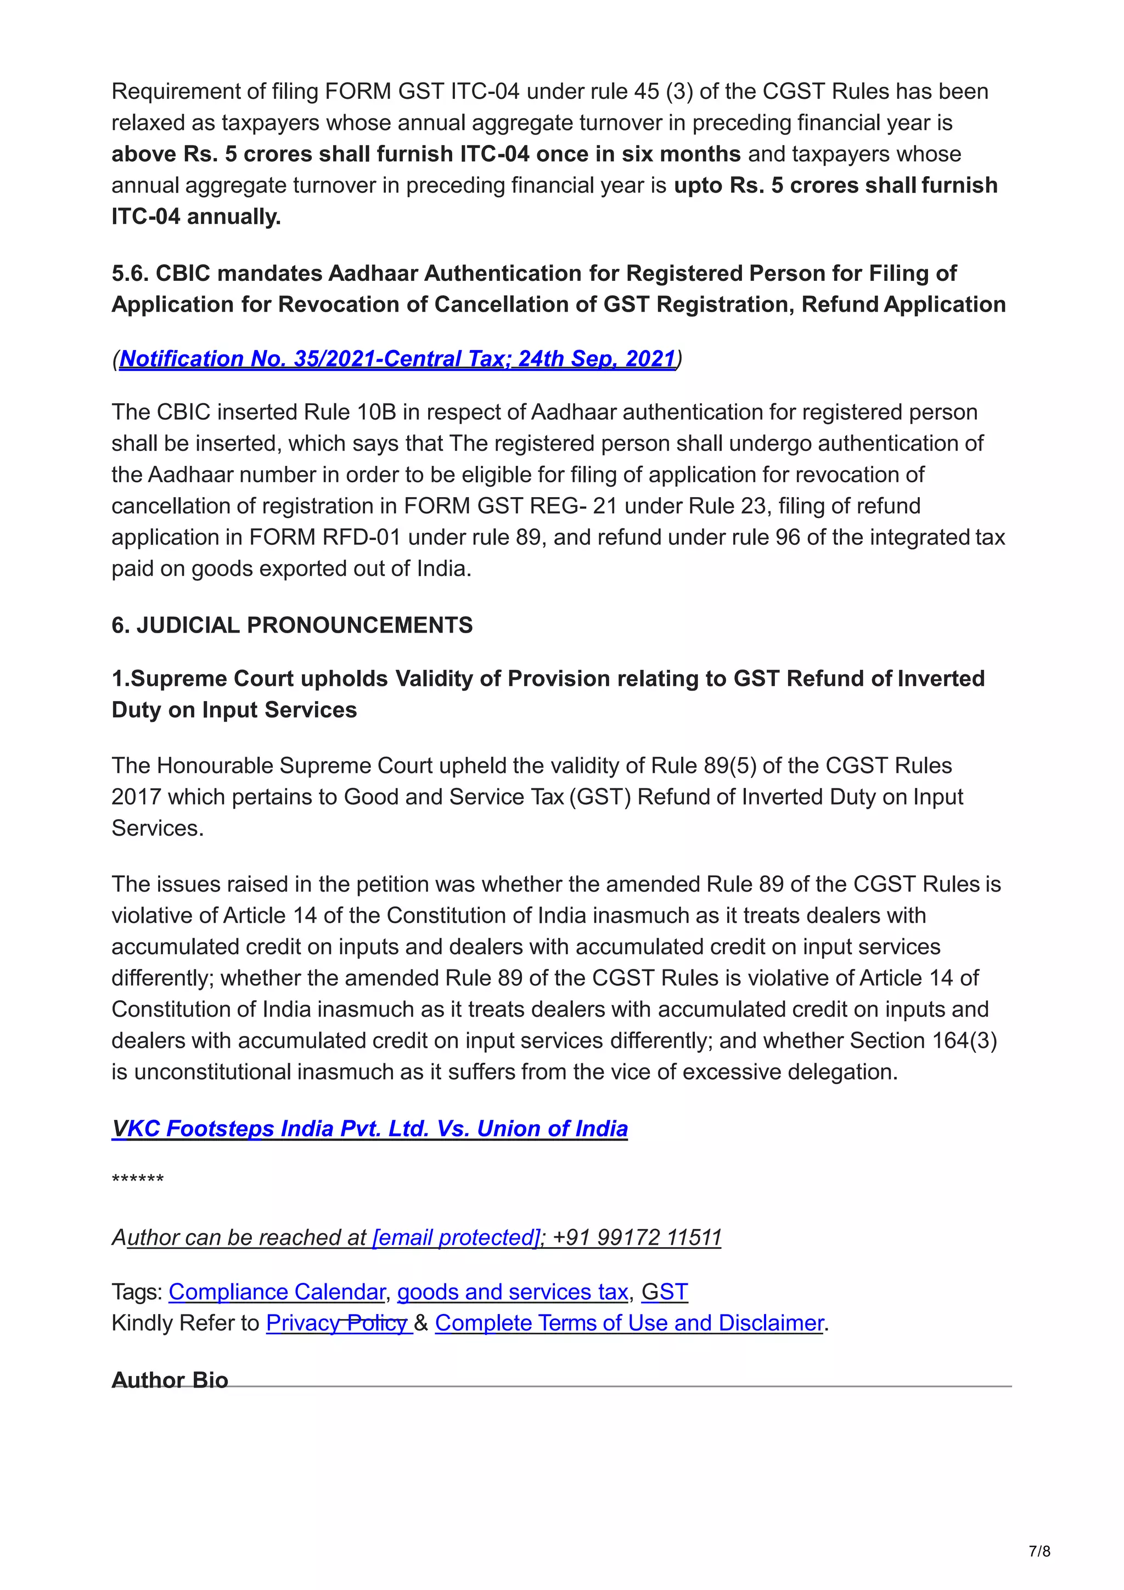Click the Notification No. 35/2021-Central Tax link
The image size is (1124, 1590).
tap(397, 359)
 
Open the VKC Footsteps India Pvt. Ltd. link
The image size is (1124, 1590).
tap(369, 1128)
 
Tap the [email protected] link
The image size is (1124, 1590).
tap(456, 1237)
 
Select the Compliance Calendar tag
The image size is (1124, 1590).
tap(276, 1292)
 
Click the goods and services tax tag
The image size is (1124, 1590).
tap(513, 1292)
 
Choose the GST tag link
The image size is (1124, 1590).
tap(664, 1292)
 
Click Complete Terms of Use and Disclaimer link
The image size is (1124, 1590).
tap(629, 1323)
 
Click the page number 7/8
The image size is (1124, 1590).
tap(1039, 1551)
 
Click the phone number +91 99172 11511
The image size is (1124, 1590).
tap(637, 1237)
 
